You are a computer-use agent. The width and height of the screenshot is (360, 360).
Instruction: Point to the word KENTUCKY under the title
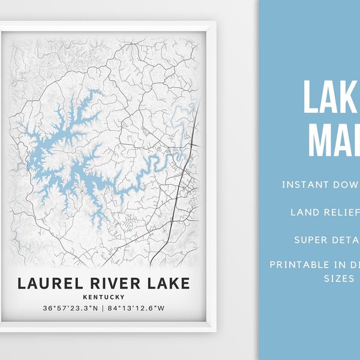tap(104, 297)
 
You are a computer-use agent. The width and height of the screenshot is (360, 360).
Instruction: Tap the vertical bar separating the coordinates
tap(103, 308)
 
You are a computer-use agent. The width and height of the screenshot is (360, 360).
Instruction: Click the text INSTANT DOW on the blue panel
tap(320, 184)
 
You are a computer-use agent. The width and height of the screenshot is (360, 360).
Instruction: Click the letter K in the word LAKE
tap(166, 283)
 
